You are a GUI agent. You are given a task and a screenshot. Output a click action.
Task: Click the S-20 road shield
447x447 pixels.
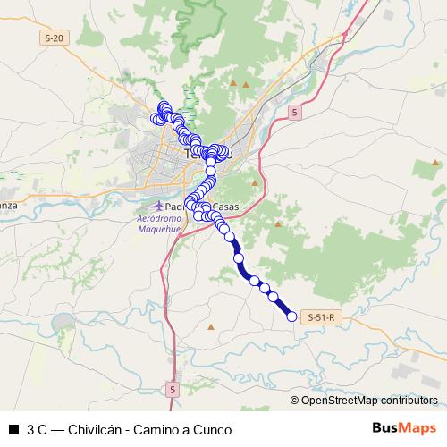(55, 38)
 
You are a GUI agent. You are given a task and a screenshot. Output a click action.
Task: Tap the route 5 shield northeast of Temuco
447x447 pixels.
(294, 111)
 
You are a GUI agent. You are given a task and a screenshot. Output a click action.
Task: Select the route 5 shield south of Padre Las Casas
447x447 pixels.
(173, 390)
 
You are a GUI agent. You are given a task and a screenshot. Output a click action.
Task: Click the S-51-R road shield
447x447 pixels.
(320, 317)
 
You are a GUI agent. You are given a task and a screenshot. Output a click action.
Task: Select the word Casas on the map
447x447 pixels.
(225, 207)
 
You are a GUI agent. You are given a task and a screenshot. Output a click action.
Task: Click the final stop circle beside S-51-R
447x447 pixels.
(291, 316)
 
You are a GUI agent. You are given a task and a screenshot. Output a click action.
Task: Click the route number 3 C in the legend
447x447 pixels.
(38, 430)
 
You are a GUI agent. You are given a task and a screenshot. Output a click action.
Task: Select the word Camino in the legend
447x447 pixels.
(158, 430)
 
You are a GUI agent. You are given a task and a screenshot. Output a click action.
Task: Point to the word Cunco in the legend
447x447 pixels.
(215, 430)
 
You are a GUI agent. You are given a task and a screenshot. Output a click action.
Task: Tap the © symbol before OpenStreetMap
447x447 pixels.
(295, 401)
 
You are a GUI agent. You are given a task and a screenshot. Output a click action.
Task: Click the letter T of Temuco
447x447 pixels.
(189, 154)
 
